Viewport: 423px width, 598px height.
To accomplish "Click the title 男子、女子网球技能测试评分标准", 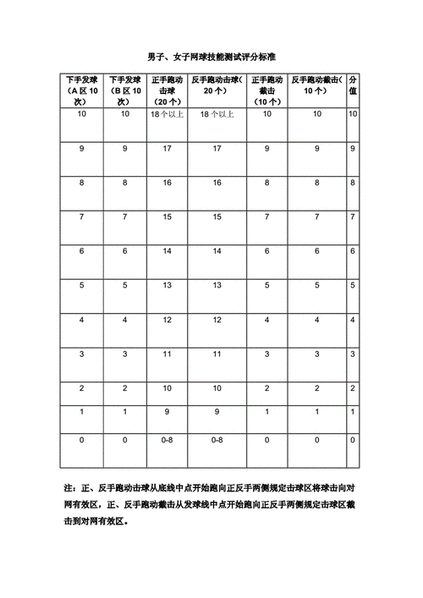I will (x=211, y=56).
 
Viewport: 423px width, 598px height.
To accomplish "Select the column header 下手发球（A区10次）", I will (x=81, y=91).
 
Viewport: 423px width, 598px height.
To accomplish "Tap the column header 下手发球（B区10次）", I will (x=124, y=91).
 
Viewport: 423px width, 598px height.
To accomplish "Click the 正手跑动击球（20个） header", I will (x=168, y=91).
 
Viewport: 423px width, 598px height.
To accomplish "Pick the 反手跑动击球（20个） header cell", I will (x=217, y=85).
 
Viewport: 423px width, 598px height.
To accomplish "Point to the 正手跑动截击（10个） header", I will (x=267, y=91).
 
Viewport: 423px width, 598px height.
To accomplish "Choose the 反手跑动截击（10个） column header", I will (x=317, y=85).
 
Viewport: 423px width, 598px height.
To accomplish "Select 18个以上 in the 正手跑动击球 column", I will (x=168, y=113).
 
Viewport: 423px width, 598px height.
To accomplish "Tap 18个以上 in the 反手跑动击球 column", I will (x=217, y=113).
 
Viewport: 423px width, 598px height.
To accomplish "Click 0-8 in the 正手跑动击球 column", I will (x=168, y=440).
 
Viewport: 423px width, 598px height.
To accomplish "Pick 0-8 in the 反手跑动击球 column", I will (x=217, y=440).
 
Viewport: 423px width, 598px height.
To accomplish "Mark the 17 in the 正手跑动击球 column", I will (x=168, y=148).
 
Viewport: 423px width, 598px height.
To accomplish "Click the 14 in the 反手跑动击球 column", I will (x=217, y=250).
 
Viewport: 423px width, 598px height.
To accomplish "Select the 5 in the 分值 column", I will (x=353, y=285).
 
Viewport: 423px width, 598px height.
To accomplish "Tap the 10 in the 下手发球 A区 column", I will (x=81, y=113).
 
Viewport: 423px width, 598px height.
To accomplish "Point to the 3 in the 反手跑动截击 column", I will (x=317, y=354).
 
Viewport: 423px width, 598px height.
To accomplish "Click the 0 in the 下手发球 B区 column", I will (x=124, y=440).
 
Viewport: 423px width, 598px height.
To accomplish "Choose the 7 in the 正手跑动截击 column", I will (x=267, y=217).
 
